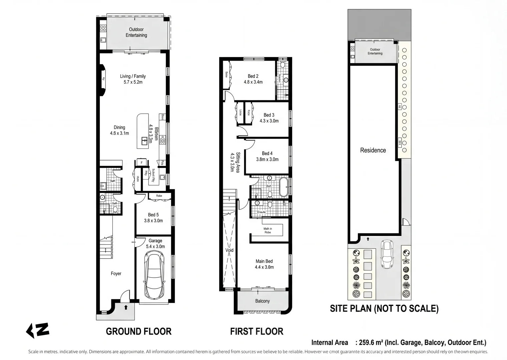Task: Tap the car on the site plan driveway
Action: [x=387, y=255]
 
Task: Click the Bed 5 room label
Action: [x=153, y=217]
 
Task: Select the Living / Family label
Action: [x=133, y=79]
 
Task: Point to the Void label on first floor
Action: [x=229, y=250]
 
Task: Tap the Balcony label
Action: [x=262, y=301]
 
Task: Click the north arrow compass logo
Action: [x=38, y=330]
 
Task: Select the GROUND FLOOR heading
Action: [x=138, y=331]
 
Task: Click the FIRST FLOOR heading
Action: [x=257, y=331]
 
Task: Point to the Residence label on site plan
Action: [x=373, y=150]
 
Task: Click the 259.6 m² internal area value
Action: [x=370, y=342]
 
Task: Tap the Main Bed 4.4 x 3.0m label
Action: [x=264, y=264]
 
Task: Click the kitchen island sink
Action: [x=144, y=141]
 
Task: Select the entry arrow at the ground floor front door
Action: [x=126, y=307]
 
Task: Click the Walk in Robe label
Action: [x=268, y=230]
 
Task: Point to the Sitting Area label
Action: [x=235, y=162]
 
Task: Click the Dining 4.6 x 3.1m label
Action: [x=119, y=130]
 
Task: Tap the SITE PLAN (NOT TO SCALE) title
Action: [x=384, y=308]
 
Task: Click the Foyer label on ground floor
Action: [x=116, y=273]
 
